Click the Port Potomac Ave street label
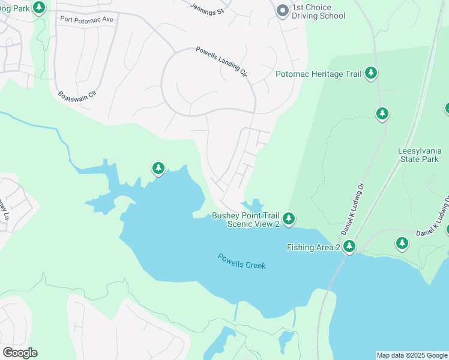coord(86,19)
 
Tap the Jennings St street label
coord(206,8)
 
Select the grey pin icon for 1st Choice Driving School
coord(282,10)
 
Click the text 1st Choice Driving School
coord(318,11)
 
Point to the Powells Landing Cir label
coord(221,62)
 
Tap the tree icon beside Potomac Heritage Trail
coord(371,73)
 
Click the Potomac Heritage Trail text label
coord(318,74)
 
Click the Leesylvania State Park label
coord(419,155)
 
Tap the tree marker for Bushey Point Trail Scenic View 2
coord(289,218)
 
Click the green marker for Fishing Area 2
coord(349,246)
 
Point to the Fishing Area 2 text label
coord(313,247)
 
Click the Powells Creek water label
coord(241,261)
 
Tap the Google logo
coord(20,353)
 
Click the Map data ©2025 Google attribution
coord(411,355)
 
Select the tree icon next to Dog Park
coord(39,8)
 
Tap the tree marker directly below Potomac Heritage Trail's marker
coord(382,113)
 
